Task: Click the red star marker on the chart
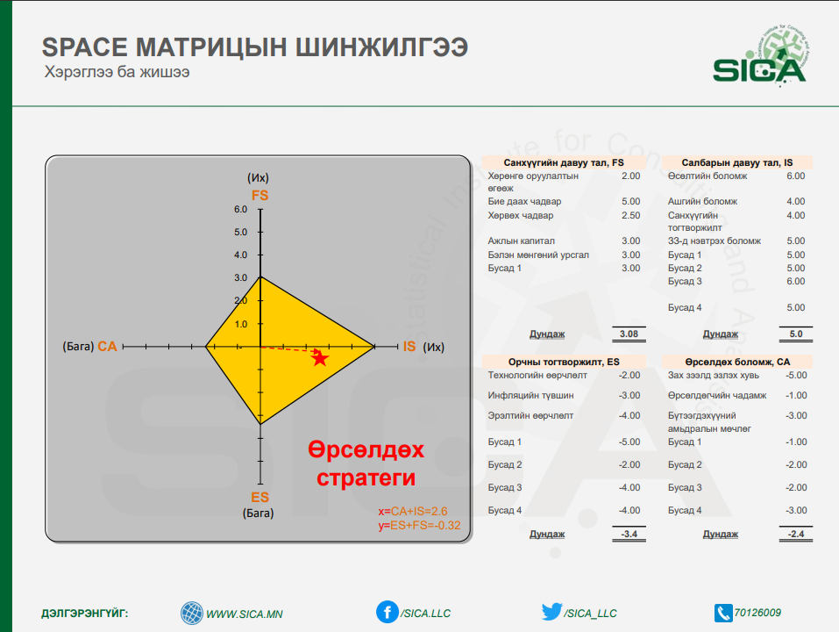320,358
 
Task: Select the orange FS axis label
260,195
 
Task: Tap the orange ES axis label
260,497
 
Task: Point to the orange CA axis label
107,347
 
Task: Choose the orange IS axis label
409,347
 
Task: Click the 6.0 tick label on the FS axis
241,210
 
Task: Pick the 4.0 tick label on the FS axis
241,255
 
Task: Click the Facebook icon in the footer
387,612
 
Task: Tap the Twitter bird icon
551,611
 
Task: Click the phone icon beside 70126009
723,614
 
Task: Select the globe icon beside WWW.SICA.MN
191,614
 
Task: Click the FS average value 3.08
629,334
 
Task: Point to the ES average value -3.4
629,534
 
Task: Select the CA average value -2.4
796,534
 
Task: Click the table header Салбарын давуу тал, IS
736,162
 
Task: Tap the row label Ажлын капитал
521,241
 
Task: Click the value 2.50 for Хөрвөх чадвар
631,215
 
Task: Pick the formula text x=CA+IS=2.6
413,511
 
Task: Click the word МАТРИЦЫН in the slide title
211,47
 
